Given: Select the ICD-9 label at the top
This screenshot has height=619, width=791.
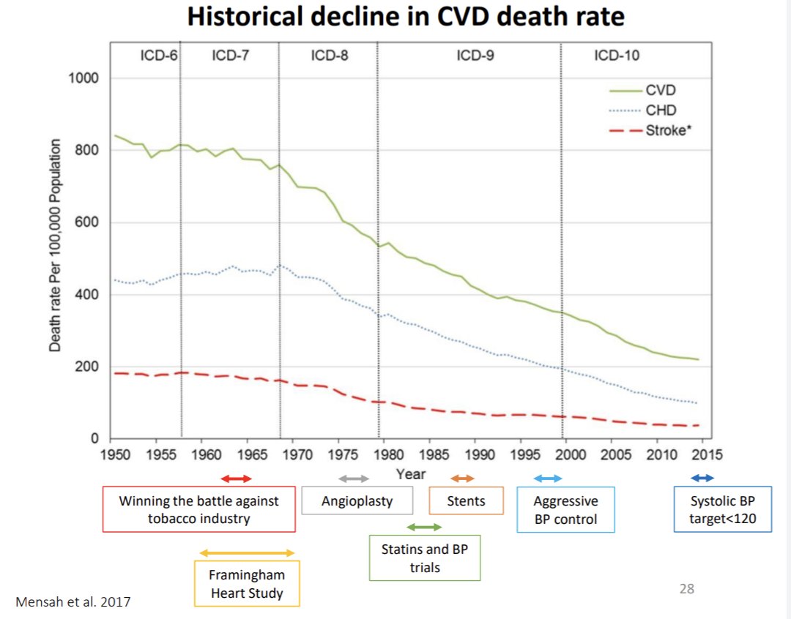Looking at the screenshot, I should point(475,56).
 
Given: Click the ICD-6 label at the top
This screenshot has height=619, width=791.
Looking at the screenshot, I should point(159,56).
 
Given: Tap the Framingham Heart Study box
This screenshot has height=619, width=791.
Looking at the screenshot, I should point(247,583).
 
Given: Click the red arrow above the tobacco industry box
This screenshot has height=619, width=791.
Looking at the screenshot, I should point(236,479).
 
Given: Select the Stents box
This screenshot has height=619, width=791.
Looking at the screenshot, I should point(466,501).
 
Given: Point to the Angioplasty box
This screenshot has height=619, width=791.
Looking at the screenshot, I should point(357,501).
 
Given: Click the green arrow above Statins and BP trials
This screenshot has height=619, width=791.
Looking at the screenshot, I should point(424,527).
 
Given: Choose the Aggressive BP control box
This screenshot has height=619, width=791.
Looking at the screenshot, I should point(565,510).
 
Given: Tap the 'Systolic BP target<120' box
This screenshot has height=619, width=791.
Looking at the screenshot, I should point(722,510).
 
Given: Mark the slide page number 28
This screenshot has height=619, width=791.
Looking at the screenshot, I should point(687,588).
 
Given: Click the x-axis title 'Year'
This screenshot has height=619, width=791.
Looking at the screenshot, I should point(410,474).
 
